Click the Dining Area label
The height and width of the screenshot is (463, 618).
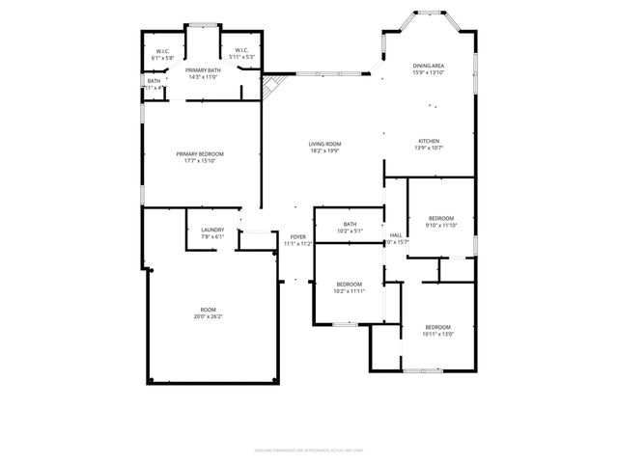428,66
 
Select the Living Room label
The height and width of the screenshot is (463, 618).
325,144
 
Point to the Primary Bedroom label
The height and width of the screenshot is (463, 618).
200,154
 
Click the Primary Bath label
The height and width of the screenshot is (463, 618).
203,70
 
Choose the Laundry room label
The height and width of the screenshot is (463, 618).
212,230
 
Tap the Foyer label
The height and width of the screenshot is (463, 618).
298,237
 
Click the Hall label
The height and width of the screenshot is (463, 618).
396,234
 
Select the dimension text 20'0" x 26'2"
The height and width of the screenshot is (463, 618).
209,316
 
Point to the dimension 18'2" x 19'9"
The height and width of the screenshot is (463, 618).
325,150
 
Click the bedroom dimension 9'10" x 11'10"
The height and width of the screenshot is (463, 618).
441,225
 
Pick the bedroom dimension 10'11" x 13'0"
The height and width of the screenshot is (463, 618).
438,334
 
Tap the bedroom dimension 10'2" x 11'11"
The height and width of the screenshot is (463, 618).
349,290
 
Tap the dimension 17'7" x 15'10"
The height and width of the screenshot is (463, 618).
200,161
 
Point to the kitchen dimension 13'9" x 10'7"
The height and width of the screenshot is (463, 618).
428,148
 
